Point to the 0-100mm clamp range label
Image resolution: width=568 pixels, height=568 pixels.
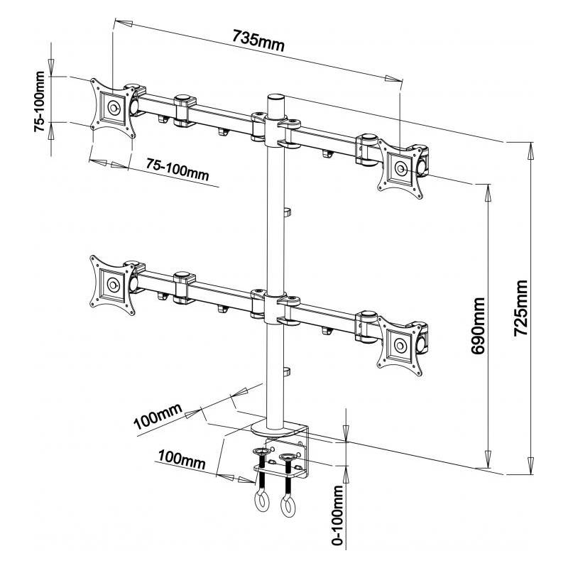[339, 515]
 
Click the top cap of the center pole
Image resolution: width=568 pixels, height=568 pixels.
[275, 97]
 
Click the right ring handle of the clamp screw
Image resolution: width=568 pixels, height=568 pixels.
[288, 506]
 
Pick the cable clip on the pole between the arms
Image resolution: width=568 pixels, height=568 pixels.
[287, 211]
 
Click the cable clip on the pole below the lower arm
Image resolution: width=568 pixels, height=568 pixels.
[287, 371]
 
